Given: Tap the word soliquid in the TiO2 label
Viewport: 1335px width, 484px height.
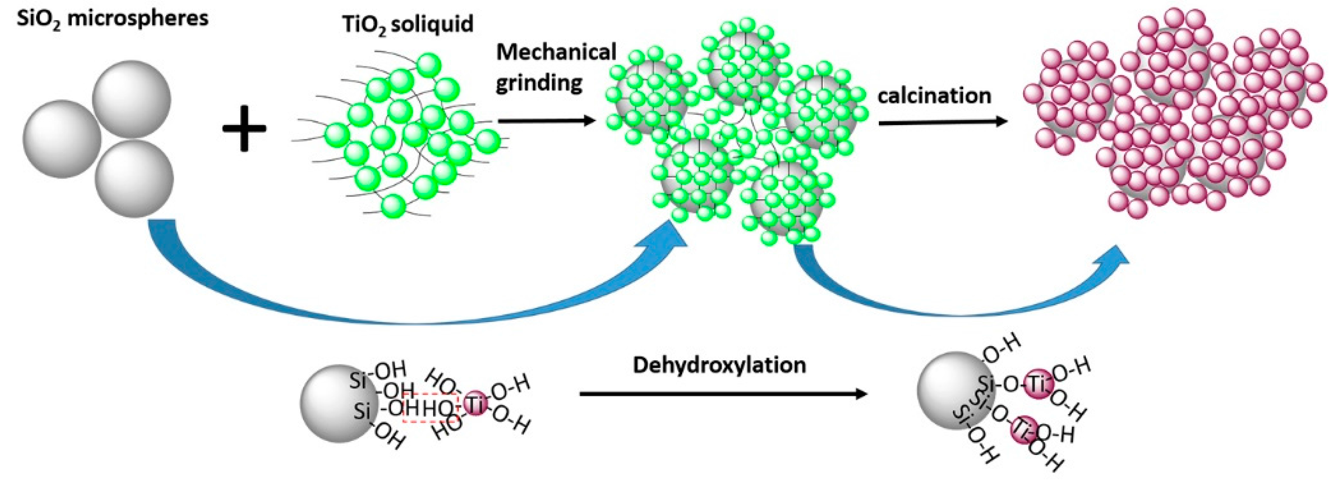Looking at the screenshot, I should pyautogui.click(x=437, y=24).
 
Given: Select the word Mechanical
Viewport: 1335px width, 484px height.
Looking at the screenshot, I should pyautogui.click(x=556, y=52).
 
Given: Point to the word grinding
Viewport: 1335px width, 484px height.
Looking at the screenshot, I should pyautogui.click(x=539, y=83).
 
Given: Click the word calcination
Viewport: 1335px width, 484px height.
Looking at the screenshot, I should pyautogui.click(x=934, y=96).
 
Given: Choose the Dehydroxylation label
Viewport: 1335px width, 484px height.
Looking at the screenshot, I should pyautogui.click(x=719, y=365).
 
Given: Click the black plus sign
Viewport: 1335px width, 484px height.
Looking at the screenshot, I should pyautogui.click(x=244, y=129).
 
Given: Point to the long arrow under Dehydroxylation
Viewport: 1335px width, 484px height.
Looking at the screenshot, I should pyautogui.click(x=723, y=394).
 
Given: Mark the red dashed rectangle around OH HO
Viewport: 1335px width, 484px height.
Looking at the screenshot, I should pyautogui.click(x=431, y=408).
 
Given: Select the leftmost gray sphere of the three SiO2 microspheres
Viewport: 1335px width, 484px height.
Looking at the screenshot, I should pyautogui.click(x=62, y=139).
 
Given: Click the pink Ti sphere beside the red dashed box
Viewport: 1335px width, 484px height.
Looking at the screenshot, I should pyautogui.click(x=476, y=404).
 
